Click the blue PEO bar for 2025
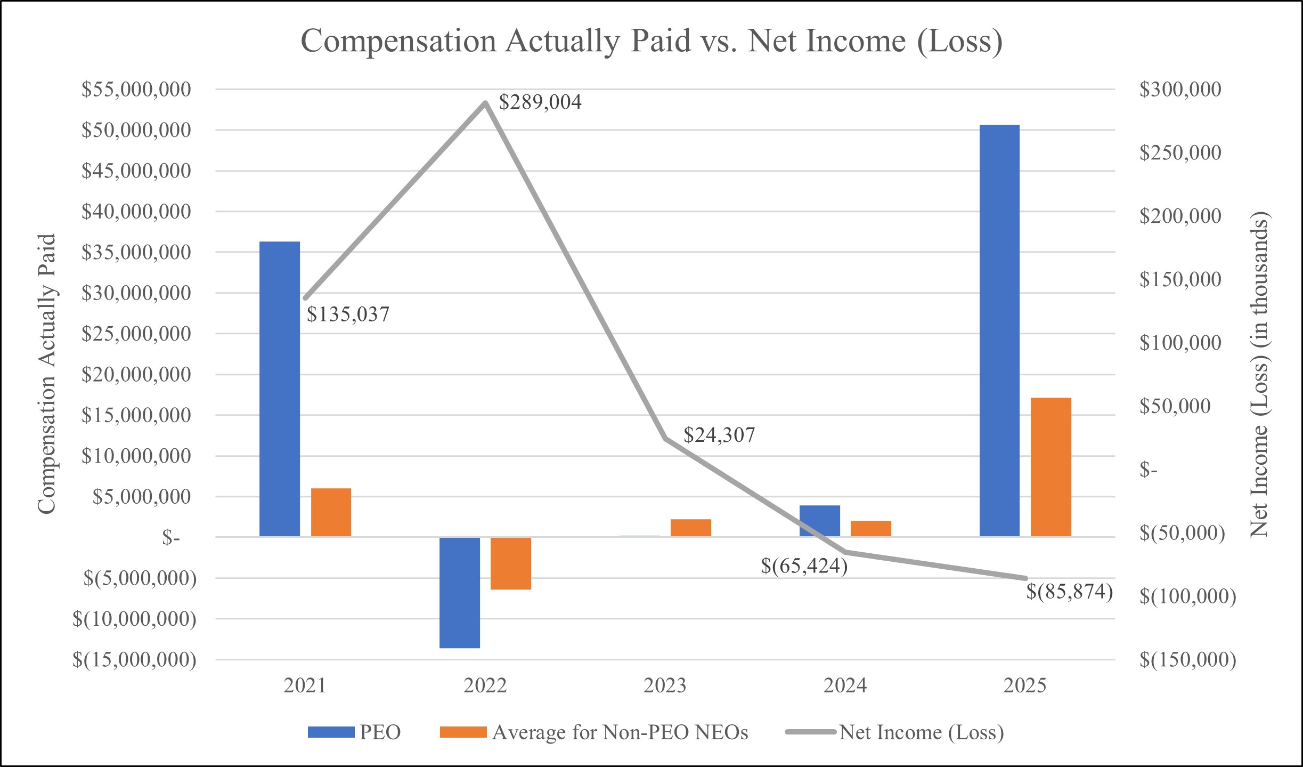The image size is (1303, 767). coord(999,330)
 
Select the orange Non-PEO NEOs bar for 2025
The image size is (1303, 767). coord(1050,467)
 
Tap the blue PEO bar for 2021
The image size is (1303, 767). coord(280,389)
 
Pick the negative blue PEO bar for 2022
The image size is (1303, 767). coord(460,592)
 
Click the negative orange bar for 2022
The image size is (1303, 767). coord(511,563)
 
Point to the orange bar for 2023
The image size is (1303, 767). coord(691,527)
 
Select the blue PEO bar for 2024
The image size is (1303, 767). coord(820,521)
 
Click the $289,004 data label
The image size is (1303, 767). coord(540,102)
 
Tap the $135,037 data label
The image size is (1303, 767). coord(348,314)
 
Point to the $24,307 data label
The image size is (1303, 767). coord(719,435)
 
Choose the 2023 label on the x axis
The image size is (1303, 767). coord(665,685)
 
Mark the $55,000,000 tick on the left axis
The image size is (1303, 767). coord(136,89)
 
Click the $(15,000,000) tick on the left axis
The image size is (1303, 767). coord(135,660)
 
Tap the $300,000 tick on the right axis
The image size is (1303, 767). coord(1180,89)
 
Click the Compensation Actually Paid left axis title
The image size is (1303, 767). coord(47,374)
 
